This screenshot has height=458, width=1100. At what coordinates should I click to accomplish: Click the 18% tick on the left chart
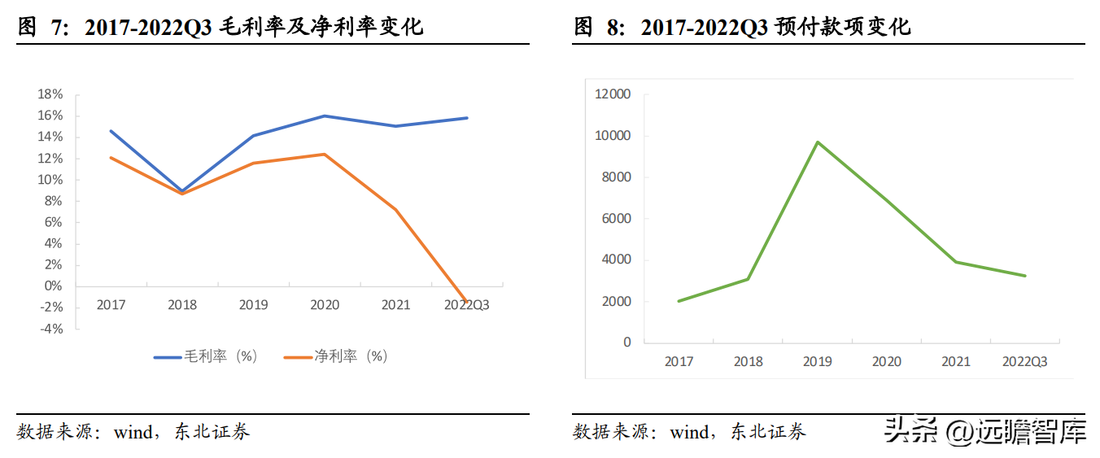pos(50,94)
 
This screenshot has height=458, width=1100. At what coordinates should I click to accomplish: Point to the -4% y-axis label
pos(50,329)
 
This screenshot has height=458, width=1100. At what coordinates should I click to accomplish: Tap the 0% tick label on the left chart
pos(53,286)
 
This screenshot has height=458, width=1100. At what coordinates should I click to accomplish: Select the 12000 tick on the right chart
pos(613,94)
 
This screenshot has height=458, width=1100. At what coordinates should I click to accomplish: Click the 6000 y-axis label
pos(616,219)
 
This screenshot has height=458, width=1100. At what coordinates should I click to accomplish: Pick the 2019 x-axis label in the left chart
pos(253,305)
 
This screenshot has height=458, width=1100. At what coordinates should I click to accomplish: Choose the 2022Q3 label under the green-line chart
pos(1024,361)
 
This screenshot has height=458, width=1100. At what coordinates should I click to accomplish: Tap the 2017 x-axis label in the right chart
pos(679,361)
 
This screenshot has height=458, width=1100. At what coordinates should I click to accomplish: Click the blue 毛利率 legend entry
pos(206,356)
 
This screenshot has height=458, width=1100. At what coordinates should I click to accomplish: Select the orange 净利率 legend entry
pos(336,356)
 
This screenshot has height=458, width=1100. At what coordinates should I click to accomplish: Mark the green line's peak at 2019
pos(818,142)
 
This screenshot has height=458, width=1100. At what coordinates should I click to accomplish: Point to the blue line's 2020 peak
pos(325,116)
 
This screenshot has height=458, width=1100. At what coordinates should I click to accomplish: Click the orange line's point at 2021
pos(395,210)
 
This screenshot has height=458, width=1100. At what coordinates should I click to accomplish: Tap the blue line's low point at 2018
pos(182,191)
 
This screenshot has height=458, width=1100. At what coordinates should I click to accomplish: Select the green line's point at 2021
pos(956,262)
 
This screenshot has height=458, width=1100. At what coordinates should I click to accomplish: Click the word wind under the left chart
pos(133,432)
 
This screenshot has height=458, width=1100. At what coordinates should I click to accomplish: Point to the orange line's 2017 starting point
pos(111,157)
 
